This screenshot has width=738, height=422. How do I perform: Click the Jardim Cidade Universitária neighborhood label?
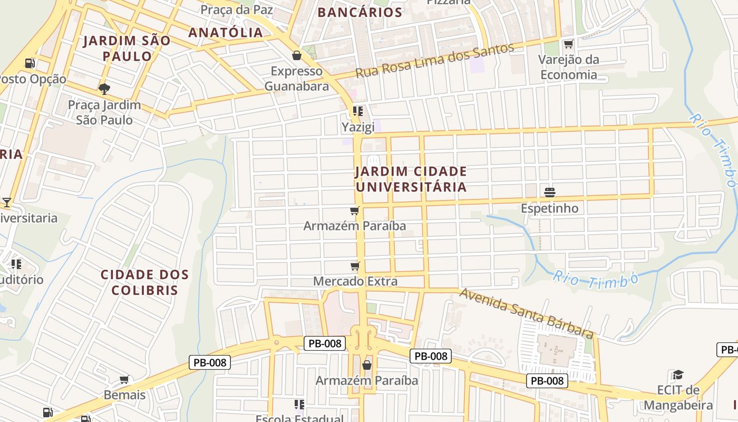[411, 179]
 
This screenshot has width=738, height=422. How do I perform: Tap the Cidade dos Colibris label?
[144, 282]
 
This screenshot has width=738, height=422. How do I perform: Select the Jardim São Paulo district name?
[127, 48]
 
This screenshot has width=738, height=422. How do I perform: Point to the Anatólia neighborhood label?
[226, 33]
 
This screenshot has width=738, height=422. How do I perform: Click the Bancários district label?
[361, 13]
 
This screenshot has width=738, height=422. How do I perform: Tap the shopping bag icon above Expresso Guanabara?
[297, 55]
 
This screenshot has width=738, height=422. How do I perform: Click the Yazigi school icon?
[358, 111]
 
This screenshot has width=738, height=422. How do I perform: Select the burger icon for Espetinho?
[549, 192]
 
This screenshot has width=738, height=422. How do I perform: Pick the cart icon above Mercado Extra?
[355, 266]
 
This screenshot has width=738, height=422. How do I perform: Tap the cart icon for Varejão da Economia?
[568, 44]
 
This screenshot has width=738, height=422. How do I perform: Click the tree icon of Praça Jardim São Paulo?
[104, 88]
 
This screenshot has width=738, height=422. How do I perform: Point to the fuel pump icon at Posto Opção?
[30, 63]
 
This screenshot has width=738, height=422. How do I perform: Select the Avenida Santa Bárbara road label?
[526, 313]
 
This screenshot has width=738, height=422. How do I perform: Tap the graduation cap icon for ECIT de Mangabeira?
[678, 375]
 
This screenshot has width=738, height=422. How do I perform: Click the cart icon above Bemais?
[124, 379]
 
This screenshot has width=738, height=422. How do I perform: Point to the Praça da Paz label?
[237, 9]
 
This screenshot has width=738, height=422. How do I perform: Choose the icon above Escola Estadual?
[299, 405]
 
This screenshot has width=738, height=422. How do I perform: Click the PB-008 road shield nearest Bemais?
[210, 362]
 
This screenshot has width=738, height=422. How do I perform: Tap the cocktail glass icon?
[6, 202]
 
